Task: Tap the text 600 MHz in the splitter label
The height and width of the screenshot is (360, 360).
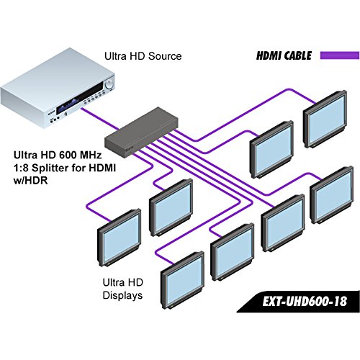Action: point(83,153)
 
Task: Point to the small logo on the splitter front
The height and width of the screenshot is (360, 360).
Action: point(129,143)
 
